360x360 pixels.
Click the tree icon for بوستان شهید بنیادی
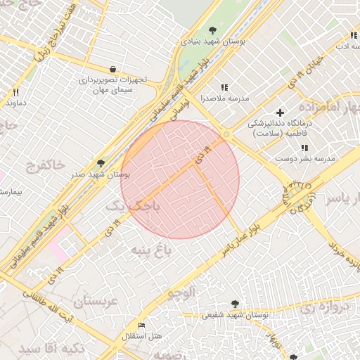(213, 30)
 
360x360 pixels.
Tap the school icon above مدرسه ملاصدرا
(224, 87)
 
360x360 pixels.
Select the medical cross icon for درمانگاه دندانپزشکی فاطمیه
(280, 112)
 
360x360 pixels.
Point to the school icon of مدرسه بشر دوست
(304, 148)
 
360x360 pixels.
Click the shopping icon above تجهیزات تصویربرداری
(112, 69)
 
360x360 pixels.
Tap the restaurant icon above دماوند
(15, 92)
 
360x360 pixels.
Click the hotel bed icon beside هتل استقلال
(142, 326)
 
